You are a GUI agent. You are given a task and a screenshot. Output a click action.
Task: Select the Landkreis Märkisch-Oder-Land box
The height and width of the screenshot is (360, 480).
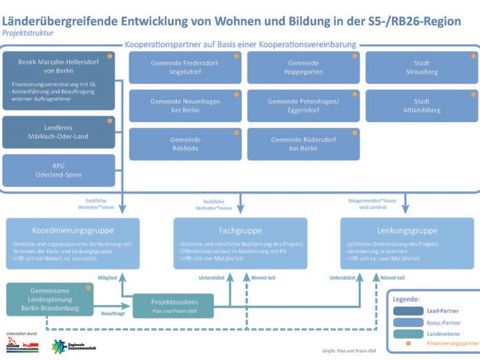pyautogui.click(x=59, y=131)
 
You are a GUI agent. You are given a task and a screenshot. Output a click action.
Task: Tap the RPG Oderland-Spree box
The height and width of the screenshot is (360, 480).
pyautogui.click(x=59, y=168)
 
